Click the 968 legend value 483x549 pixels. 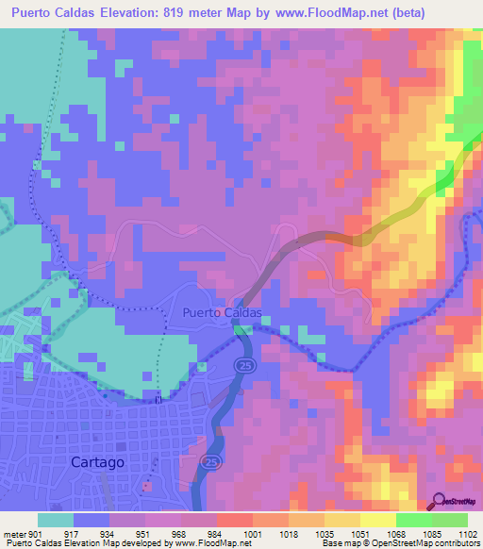coord(177,534)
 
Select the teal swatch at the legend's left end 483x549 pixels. coord(56,520)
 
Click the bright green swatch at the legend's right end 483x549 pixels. coord(449,520)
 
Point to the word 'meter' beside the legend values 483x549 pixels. coord(15,534)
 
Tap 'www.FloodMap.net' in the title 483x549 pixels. coord(319,13)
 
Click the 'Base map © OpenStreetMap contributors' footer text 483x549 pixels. coord(399,543)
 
